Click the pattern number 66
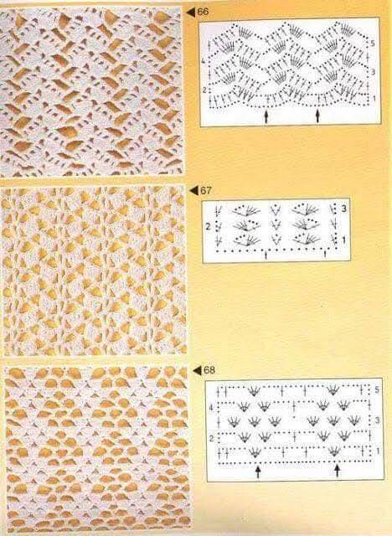click(x=203, y=12)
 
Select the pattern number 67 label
click(x=206, y=190)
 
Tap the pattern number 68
click(x=209, y=370)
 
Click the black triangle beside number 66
click(x=191, y=13)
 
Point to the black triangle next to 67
click(x=194, y=191)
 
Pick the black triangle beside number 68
click(x=198, y=370)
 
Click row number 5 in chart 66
click(x=373, y=44)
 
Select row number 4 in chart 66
click(x=203, y=62)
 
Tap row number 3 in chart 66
click(x=373, y=72)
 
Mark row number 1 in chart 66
click(x=374, y=99)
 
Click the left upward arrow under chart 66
click(x=266, y=116)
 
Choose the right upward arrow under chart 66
click(x=317, y=116)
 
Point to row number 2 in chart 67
click(x=208, y=226)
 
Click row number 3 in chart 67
click(x=343, y=209)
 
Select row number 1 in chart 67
click(x=343, y=240)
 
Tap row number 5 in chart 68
click(x=377, y=390)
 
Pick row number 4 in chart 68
click(x=211, y=408)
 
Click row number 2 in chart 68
click(x=212, y=439)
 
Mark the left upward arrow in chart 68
click(x=258, y=472)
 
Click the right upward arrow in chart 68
click(x=338, y=472)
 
